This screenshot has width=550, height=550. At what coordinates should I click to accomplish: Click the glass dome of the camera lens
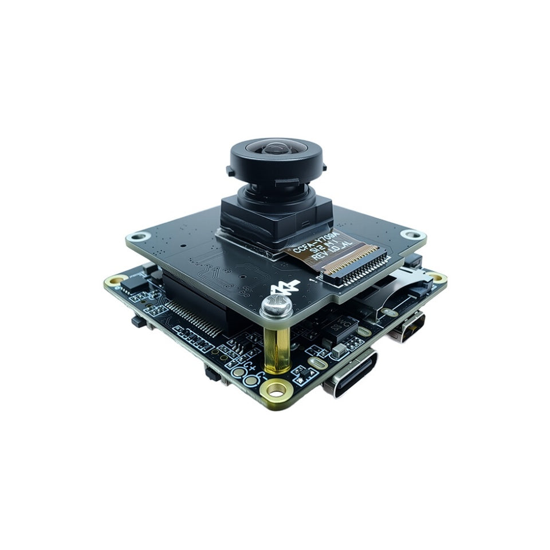[276, 150]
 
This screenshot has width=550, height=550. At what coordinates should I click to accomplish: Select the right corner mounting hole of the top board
[410, 234]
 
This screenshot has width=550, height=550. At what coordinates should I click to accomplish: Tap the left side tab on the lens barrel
[229, 171]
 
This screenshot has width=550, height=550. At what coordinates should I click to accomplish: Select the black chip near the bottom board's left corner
[135, 281]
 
